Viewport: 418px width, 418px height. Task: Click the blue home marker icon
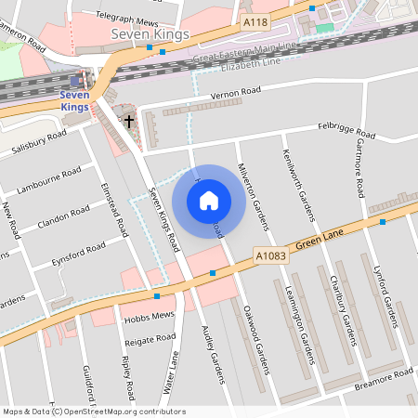[209, 201]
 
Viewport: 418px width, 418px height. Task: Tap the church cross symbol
[129, 120]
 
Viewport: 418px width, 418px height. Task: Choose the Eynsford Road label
[78, 252]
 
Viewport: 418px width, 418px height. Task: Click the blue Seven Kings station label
[74, 100]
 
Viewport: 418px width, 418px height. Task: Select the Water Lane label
[172, 372]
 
